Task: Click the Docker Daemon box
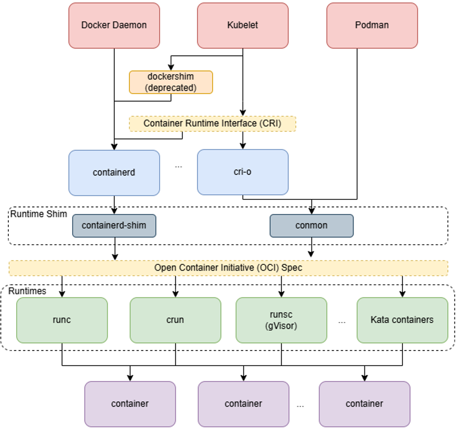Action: point(114,25)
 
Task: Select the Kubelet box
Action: point(243,25)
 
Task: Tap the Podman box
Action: point(372,25)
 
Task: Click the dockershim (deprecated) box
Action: point(171,82)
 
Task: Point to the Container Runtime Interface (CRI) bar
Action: point(212,124)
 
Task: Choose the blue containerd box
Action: point(114,172)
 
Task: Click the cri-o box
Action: point(243,172)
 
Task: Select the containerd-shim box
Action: point(114,226)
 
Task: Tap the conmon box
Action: point(311,226)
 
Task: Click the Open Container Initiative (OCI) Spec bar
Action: point(228,268)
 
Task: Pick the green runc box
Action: point(62,320)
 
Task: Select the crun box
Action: point(175,320)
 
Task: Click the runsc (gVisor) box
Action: point(281,320)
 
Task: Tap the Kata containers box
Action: point(402,320)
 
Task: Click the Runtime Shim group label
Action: point(38,213)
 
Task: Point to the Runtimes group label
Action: point(27,291)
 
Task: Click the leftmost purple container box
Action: point(130,403)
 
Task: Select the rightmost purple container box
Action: point(364,403)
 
